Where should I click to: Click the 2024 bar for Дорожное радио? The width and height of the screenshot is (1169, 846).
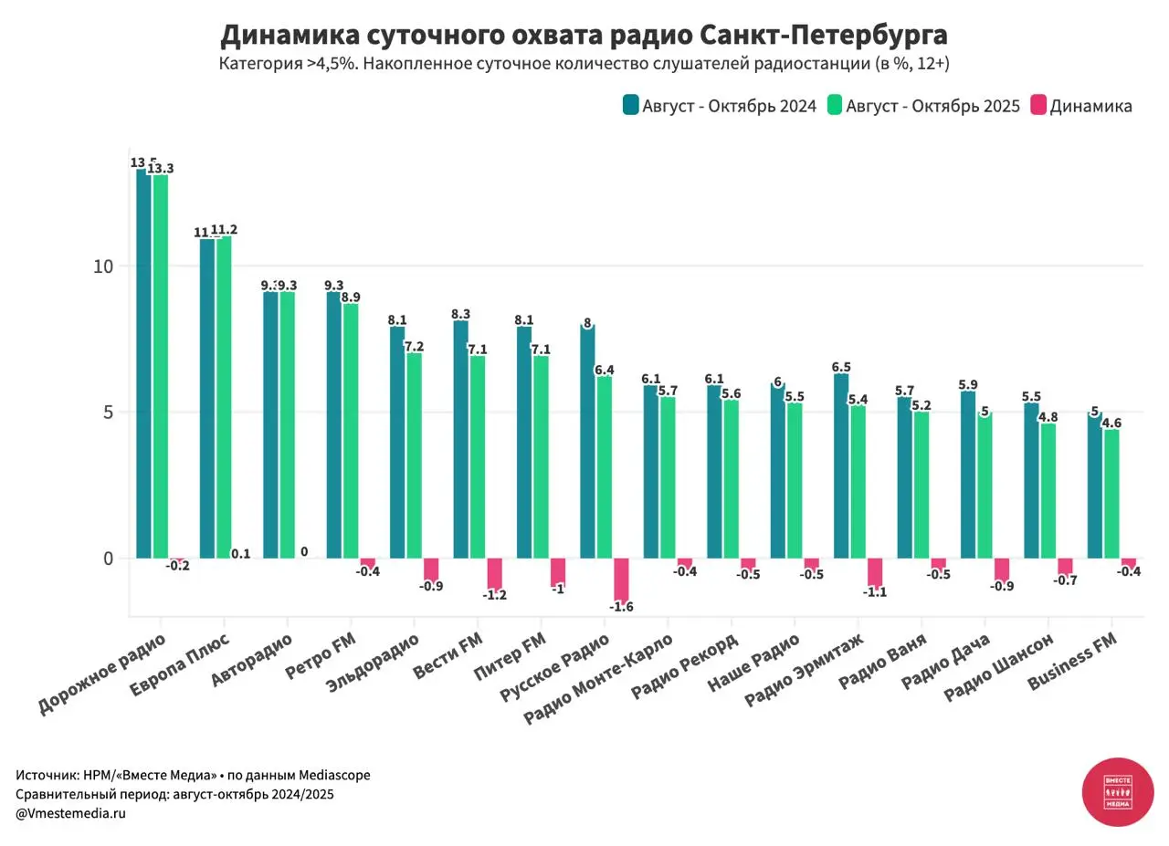point(143,365)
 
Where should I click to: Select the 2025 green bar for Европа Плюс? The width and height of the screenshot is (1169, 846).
point(224,397)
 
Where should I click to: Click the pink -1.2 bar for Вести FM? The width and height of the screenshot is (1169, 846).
point(494,573)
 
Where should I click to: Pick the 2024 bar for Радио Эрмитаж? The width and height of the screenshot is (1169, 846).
point(841,465)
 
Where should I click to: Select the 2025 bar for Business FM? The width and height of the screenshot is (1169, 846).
point(1111,493)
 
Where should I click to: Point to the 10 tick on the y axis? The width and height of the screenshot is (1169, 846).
point(102,266)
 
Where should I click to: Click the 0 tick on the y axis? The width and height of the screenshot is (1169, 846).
point(108,559)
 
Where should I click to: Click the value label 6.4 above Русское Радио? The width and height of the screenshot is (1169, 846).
point(605,370)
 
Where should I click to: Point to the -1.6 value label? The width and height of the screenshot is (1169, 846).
point(621,607)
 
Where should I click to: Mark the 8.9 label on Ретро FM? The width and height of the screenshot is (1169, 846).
point(351,298)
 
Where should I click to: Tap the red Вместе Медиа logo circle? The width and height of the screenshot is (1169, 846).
point(1118,792)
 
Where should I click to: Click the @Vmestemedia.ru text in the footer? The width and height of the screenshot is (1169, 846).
point(70,813)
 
